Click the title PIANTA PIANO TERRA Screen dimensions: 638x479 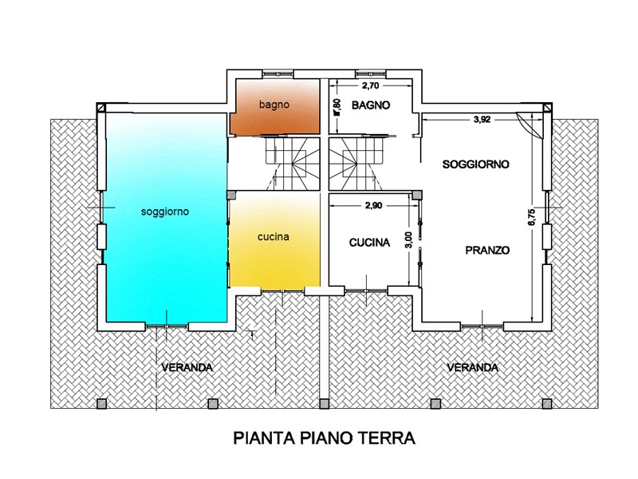click(325, 437)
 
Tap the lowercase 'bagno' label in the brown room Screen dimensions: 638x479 click(274, 105)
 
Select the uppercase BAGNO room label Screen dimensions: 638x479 click(371, 105)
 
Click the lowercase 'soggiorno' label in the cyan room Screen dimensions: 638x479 click(165, 212)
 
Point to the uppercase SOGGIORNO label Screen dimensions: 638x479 click(475, 164)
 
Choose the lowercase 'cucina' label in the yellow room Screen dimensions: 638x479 click(274, 236)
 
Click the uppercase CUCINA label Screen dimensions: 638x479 click(369, 243)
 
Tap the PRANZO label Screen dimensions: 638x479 click(487, 250)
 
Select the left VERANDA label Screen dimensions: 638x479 click(187, 367)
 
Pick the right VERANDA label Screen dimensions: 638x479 click(472, 367)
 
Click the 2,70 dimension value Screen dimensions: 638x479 click(370, 85)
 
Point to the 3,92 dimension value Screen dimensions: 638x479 click(482, 119)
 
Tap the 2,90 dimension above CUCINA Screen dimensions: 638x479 click(373, 205)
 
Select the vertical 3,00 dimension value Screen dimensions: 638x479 click(409, 239)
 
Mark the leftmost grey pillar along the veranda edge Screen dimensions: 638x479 click(102, 404)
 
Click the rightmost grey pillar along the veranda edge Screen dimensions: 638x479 click(547, 404)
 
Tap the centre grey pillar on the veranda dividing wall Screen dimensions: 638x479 click(324, 404)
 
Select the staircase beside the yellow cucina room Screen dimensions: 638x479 click(292, 164)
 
